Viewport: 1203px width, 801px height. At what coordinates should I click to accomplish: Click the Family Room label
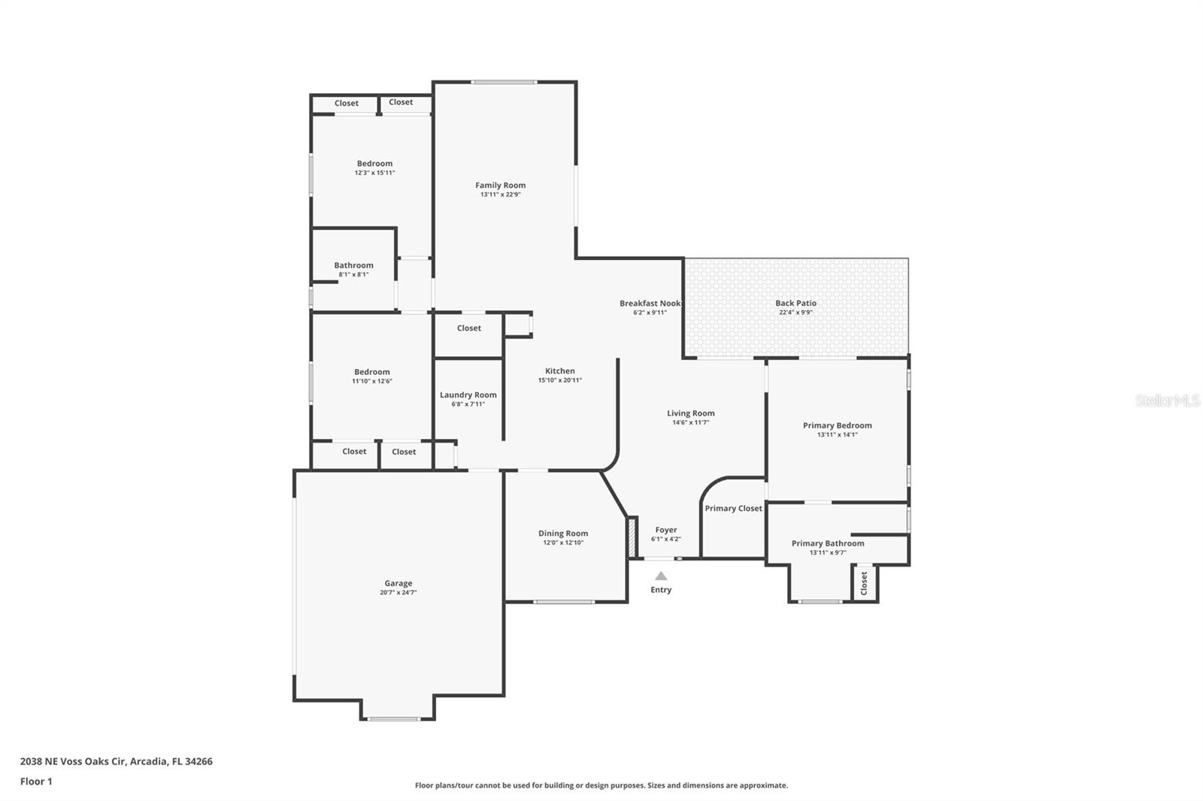tap(500, 185)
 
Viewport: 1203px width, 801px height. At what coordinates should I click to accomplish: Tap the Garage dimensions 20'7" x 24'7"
tap(398, 593)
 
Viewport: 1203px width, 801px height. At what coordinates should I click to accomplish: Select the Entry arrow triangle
tap(660, 576)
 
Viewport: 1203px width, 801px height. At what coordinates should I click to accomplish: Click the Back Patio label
tap(795, 303)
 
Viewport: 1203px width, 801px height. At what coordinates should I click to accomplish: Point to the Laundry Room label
tap(468, 394)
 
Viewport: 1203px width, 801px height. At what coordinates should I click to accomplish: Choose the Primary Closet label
tap(733, 508)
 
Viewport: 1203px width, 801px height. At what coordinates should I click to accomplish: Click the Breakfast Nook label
tap(650, 303)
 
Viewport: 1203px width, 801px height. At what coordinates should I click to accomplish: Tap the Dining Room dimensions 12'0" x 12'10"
tap(563, 543)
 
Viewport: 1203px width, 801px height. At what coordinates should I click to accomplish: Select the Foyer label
tap(665, 530)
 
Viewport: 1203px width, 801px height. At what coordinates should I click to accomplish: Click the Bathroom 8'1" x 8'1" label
tap(353, 265)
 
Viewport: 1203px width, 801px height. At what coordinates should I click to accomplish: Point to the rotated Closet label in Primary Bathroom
tap(864, 583)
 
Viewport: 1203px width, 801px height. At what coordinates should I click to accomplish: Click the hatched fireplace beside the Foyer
tap(632, 537)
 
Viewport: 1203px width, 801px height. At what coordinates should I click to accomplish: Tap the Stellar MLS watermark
tap(1167, 400)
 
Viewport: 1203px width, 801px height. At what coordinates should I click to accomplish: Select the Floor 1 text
tap(36, 781)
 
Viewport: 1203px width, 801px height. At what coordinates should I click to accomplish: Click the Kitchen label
tap(559, 370)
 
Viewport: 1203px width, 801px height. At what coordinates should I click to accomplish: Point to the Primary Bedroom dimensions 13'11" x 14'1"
tap(837, 435)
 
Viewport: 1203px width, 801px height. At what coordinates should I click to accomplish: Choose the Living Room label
tap(690, 413)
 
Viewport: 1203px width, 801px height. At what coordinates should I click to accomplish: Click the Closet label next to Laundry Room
tap(468, 328)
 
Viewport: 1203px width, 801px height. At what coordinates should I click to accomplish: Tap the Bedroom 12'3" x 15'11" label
tap(374, 163)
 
